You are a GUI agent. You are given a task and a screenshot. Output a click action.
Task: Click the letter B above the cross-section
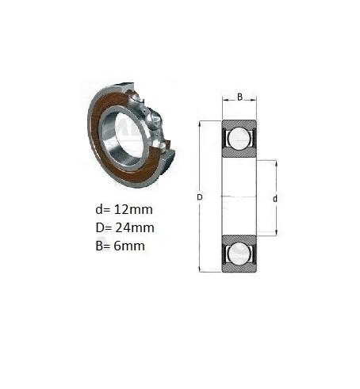[x=239, y=97]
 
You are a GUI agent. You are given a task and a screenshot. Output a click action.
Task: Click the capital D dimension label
[x=200, y=197]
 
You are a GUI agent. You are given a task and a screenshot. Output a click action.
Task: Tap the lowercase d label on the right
[x=275, y=198]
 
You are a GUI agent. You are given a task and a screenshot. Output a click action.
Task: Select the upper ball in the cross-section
[x=239, y=138]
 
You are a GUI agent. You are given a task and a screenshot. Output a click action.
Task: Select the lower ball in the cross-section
[x=239, y=253]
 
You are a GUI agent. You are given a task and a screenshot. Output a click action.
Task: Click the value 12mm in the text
[x=133, y=210]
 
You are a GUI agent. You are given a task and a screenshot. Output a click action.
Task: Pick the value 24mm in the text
[x=135, y=228]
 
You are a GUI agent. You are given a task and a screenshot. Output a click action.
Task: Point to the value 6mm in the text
[x=129, y=246]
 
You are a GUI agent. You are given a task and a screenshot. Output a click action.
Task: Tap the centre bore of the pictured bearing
[x=122, y=138]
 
